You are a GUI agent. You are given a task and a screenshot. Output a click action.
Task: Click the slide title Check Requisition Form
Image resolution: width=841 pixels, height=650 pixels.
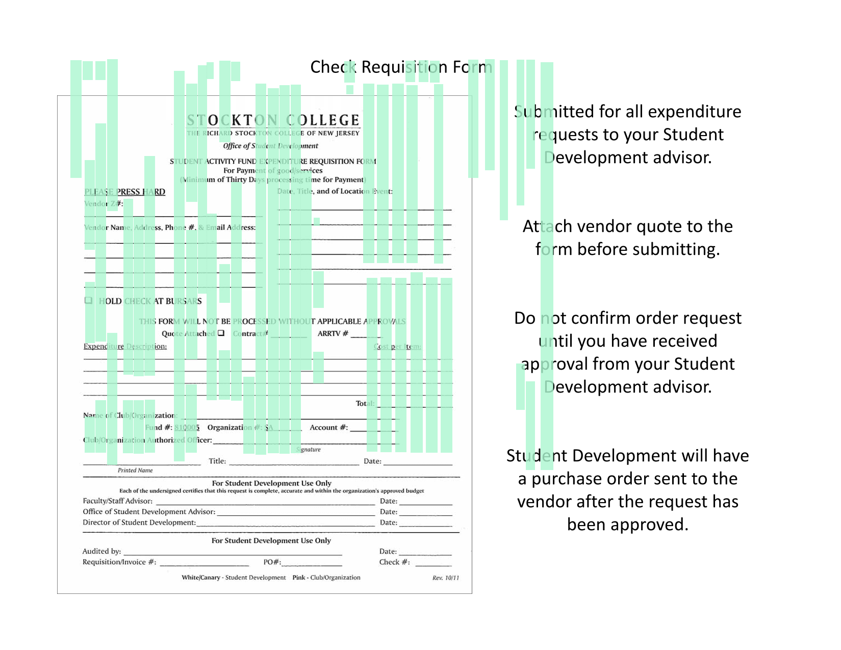click(401, 67)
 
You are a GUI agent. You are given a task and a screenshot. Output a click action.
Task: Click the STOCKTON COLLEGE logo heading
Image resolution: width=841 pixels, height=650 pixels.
click(273, 120)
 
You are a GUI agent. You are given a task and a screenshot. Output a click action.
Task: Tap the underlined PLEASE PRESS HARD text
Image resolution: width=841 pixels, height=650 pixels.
click(124, 192)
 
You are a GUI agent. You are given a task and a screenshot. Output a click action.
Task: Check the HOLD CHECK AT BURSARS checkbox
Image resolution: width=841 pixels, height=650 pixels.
click(89, 300)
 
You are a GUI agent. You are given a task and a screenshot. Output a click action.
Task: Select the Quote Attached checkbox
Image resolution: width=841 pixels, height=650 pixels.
click(221, 333)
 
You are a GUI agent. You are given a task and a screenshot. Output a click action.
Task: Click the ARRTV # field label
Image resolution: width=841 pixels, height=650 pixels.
click(333, 333)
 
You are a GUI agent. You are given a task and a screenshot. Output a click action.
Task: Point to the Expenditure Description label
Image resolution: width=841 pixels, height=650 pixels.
click(125, 346)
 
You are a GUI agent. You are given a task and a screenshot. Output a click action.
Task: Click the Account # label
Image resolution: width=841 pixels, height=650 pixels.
click(328, 427)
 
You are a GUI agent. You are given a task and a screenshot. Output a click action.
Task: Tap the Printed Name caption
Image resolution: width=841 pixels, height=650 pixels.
click(135, 470)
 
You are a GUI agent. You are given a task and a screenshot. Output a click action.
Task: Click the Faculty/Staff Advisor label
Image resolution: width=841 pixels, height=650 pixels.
click(117, 501)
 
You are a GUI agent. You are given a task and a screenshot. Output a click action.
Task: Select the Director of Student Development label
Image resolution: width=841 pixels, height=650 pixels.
click(139, 522)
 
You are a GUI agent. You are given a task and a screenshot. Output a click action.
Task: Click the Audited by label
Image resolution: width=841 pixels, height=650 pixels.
click(101, 551)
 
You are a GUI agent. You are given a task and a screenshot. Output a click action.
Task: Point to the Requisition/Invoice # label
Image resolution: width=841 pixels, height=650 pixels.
click(119, 562)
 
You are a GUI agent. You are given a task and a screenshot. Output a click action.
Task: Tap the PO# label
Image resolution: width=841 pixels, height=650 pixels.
click(272, 562)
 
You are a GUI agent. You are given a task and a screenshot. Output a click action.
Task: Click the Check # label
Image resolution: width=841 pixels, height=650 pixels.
click(394, 562)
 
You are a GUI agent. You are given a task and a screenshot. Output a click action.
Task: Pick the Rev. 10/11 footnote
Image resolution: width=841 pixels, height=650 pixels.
click(445, 578)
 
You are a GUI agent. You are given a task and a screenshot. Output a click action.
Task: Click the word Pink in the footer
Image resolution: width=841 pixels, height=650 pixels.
click(298, 577)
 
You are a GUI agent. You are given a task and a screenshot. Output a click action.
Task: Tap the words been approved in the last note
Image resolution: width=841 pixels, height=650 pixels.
click(627, 525)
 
